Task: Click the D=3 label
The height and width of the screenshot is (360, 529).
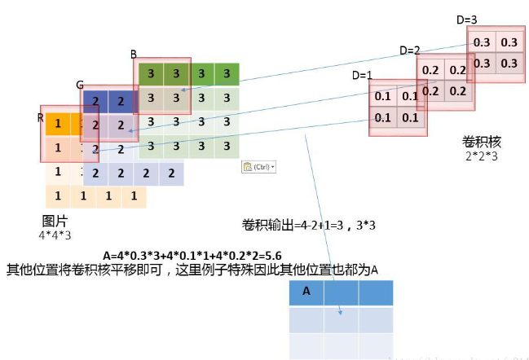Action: pos(466,20)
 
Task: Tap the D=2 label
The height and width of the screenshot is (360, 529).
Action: pos(409,50)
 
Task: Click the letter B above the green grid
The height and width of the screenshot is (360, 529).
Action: pos(134,55)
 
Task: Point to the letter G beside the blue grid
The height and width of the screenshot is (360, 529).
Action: pos(80,85)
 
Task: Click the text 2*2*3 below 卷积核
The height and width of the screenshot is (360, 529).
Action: pos(480,156)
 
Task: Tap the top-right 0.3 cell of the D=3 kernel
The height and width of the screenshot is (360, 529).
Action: pos(509,42)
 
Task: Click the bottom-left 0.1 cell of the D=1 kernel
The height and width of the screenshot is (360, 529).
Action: pos(382,116)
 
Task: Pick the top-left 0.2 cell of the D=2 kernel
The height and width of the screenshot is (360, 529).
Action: pos(430,70)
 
